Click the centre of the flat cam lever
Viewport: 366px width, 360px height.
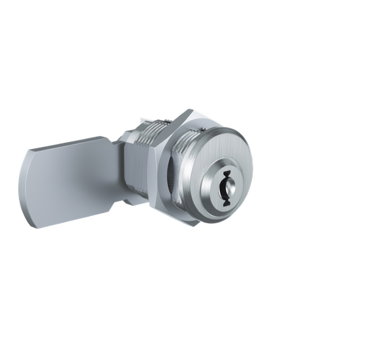click(x=67, y=183)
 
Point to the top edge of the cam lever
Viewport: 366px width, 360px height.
click(x=67, y=145)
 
